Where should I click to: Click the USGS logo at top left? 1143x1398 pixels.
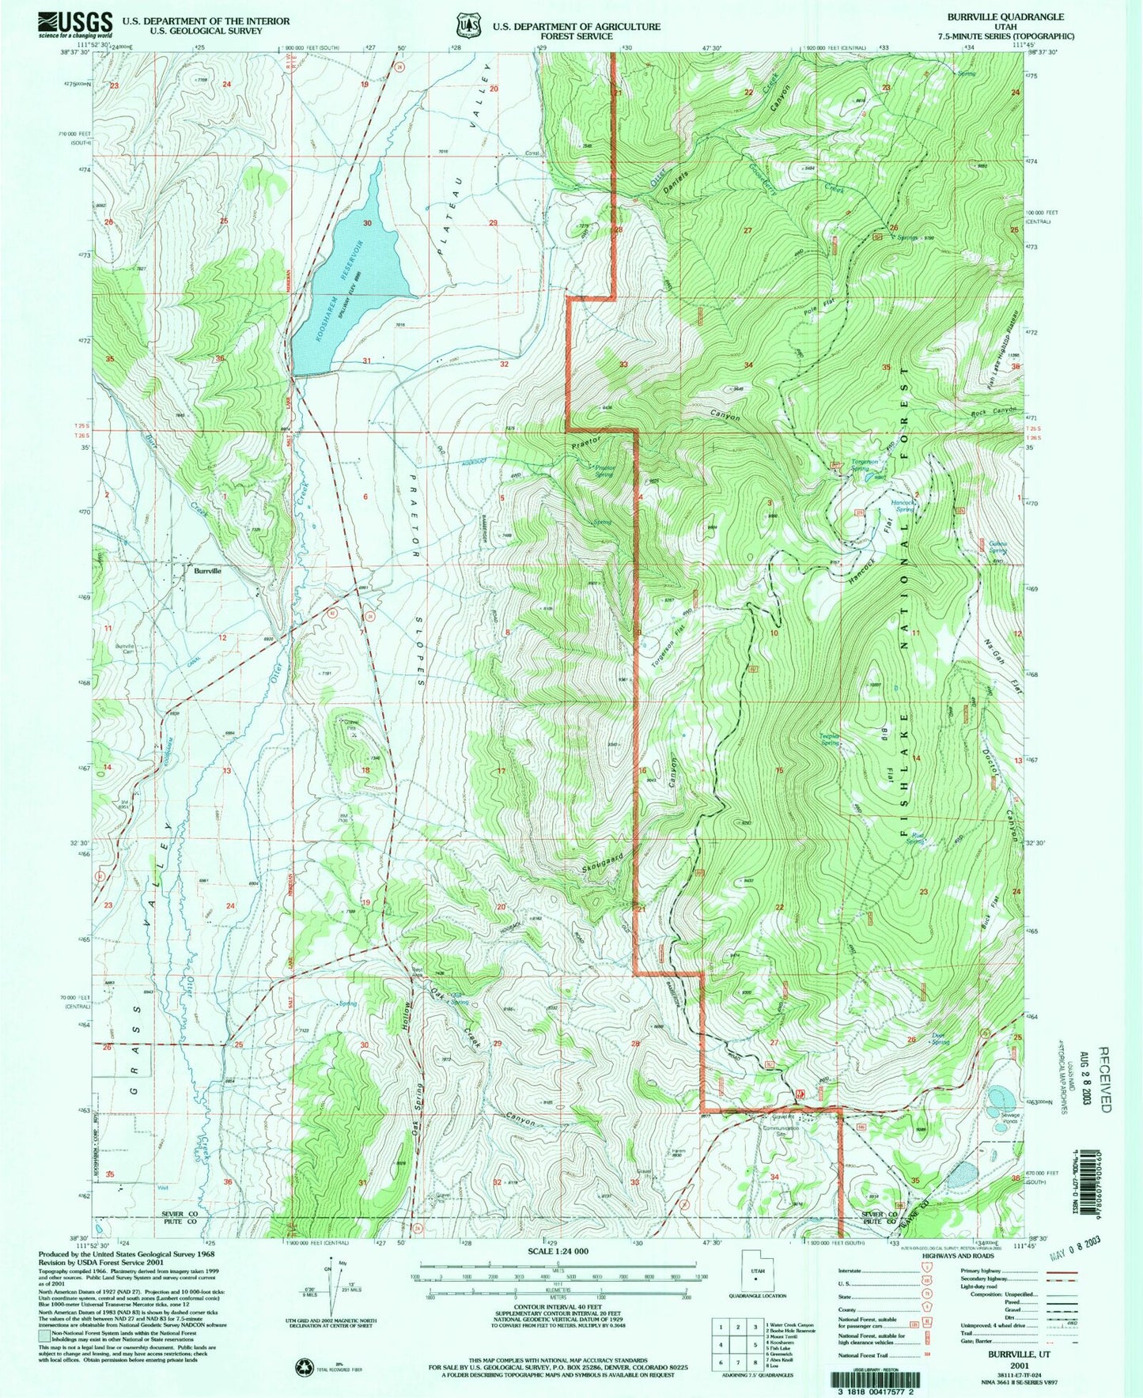click(75, 25)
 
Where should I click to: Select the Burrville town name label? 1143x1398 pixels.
click(202, 569)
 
